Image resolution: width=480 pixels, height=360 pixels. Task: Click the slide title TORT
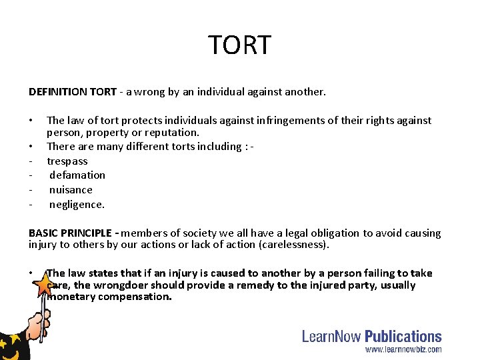click(240, 45)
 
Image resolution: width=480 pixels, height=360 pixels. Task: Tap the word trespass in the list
click(67, 161)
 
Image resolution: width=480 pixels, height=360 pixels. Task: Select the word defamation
click(77, 175)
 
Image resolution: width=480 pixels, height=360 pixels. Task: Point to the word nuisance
click(71, 189)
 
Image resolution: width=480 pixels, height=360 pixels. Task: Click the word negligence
click(77, 204)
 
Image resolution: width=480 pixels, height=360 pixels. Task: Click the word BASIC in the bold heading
click(42, 233)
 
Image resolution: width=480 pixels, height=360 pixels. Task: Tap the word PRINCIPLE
click(85, 233)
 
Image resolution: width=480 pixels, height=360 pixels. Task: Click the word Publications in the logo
click(403, 337)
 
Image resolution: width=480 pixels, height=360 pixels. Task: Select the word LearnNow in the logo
click(332, 337)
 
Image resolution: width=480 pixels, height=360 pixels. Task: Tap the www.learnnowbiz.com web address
click(403, 349)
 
